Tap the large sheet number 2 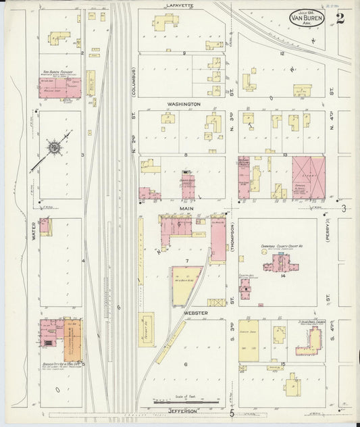pyautogui.click(x=339, y=17)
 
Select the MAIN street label pyautogui.click(x=187, y=209)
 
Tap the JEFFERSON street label pyautogui.click(x=179, y=411)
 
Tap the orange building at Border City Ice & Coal pyautogui.click(x=74, y=341)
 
